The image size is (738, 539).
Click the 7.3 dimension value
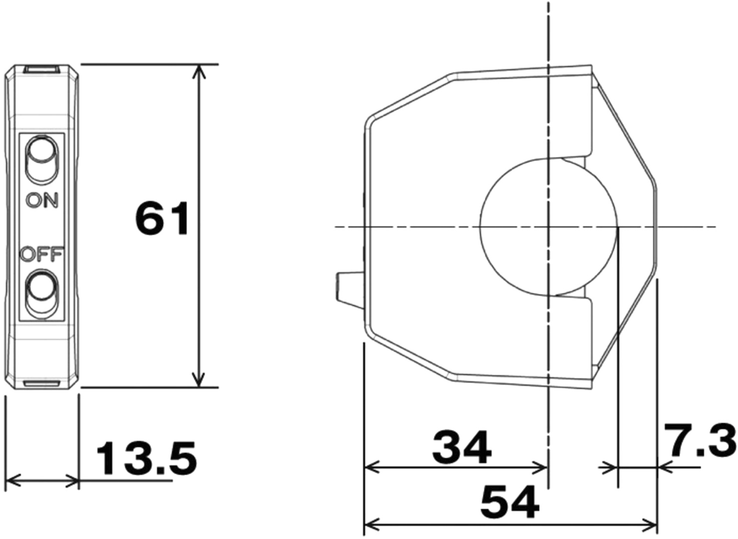(x=699, y=440)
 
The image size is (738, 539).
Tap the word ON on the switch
(x=42, y=200)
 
